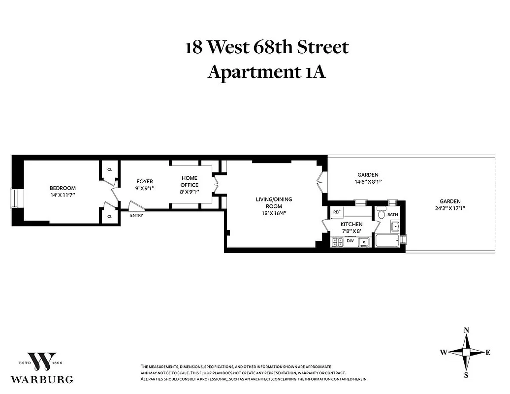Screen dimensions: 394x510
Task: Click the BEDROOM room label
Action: click(x=63, y=188)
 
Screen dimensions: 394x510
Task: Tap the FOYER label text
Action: click(x=145, y=181)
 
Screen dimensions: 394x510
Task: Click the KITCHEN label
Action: click(x=351, y=225)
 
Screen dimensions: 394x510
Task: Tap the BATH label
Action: click(x=392, y=215)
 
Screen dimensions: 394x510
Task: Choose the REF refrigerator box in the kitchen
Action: click(x=337, y=212)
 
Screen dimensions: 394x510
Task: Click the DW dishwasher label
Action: click(x=350, y=241)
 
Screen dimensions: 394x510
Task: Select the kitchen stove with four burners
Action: click(x=338, y=242)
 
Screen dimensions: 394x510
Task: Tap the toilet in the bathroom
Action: click(x=381, y=214)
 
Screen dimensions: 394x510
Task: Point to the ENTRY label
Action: click(x=137, y=216)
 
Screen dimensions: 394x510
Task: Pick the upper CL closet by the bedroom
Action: click(x=110, y=169)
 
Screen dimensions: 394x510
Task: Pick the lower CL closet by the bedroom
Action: click(x=110, y=216)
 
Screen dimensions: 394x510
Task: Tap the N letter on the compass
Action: click(x=466, y=330)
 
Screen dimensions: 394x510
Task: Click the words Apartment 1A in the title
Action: click(x=267, y=72)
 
